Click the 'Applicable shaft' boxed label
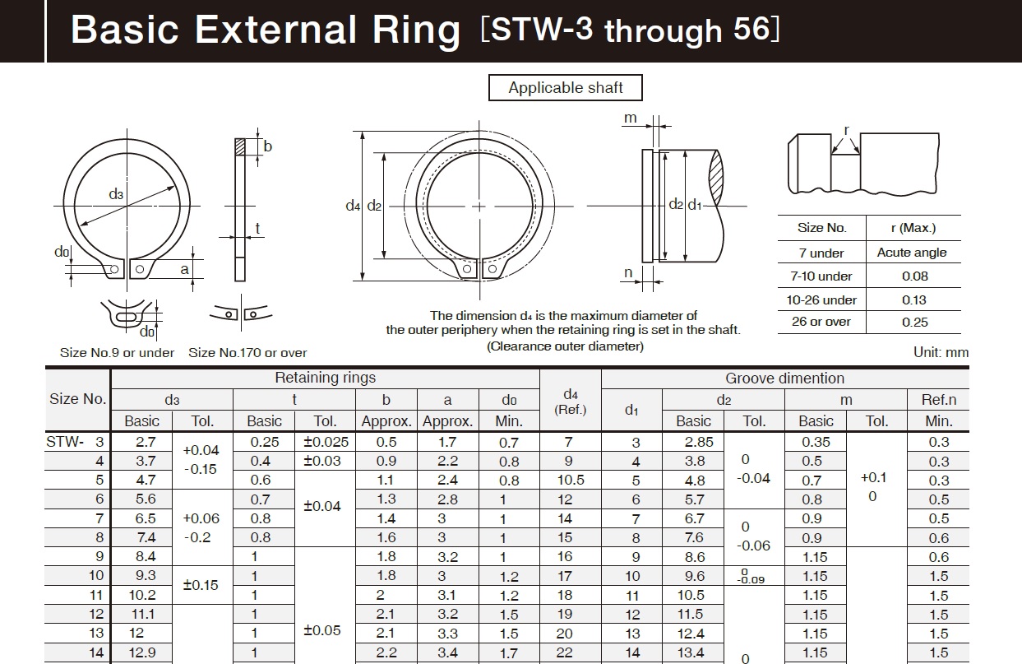pyautogui.click(x=566, y=88)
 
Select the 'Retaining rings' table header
pyautogui.click(x=325, y=378)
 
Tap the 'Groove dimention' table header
pyautogui.click(x=784, y=378)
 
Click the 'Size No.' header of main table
pyautogui.click(x=78, y=399)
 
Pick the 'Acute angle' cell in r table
pyautogui.click(x=912, y=253)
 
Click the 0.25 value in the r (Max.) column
pyautogui.click(x=914, y=322)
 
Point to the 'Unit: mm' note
pyautogui.click(x=941, y=352)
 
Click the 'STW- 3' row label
pyautogui.click(x=76, y=442)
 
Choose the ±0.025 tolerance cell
pyautogui.click(x=326, y=442)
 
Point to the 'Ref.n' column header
pyautogui.click(x=938, y=400)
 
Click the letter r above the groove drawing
pyautogui.click(x=846, y=130)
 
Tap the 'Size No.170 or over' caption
pyautogui.click(x=247, y=352)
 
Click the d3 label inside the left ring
pyautogui.click(x=116, y=194)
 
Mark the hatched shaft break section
pyautogui.click(x=716, y=176)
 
